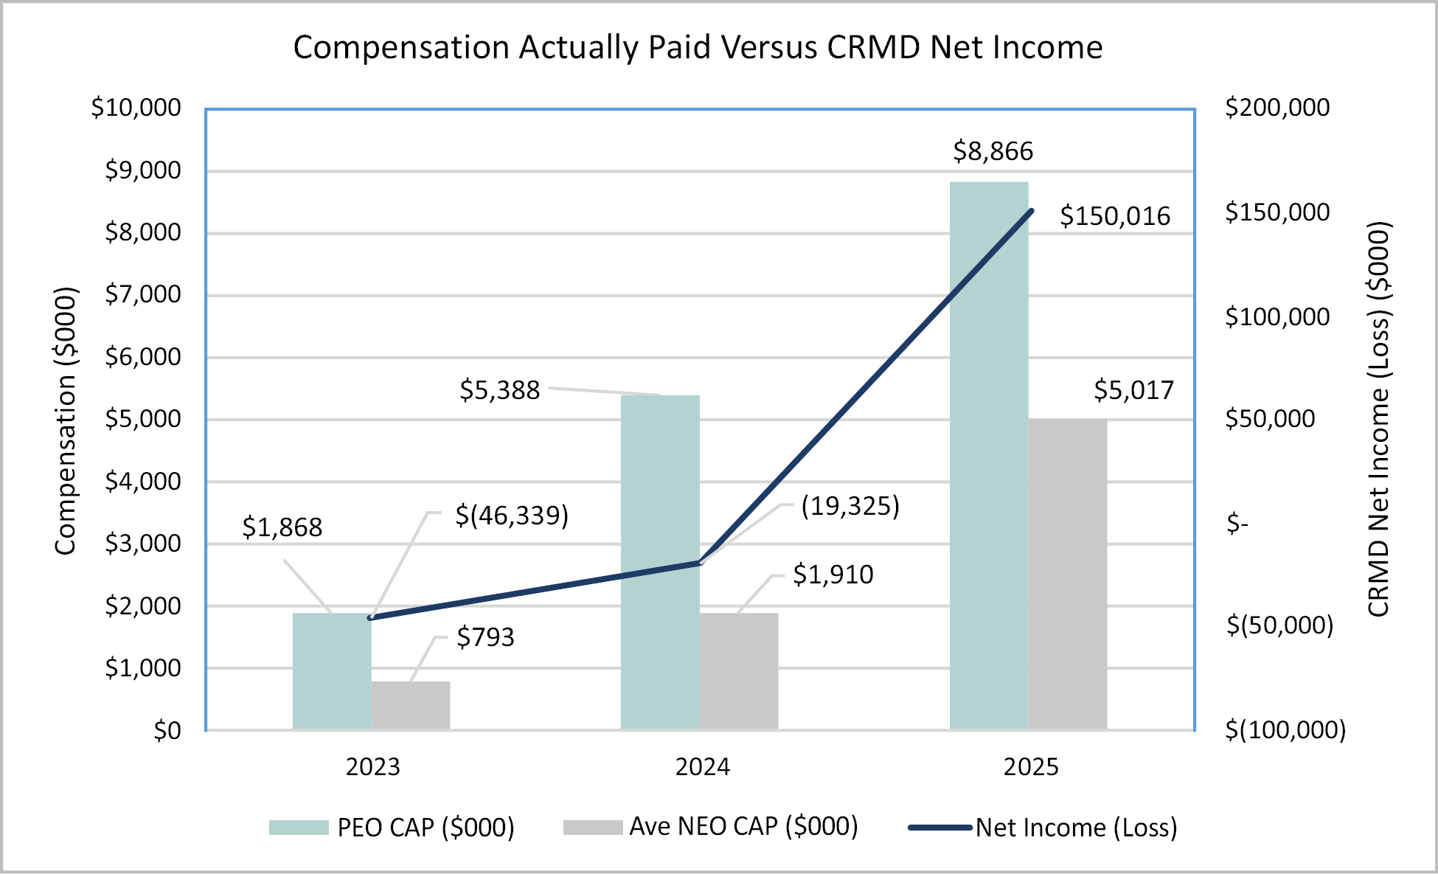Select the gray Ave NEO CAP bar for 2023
tap(411, 706)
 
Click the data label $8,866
tap(993, 151)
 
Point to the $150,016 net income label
tap(1114, 216)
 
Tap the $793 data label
tap(485, 637)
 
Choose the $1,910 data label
tap(833, 575)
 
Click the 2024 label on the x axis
tap(702, 767)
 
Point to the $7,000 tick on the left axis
tap(142, 294)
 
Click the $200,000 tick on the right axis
tap(1277, 108)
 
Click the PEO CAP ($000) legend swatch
tap(299, 828)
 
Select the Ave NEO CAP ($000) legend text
tap(743, 827)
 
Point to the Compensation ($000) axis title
tap(66, 420)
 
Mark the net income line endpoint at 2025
tap(1031, 212)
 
